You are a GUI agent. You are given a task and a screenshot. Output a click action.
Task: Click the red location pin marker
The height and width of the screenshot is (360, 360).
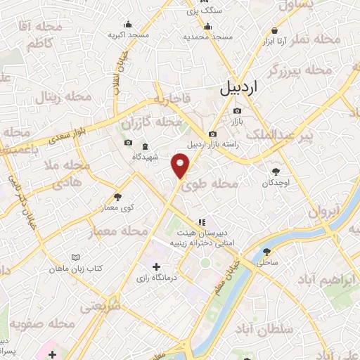coord(181,166)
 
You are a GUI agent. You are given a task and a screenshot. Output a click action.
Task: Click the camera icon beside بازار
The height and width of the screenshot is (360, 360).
coord(237,110)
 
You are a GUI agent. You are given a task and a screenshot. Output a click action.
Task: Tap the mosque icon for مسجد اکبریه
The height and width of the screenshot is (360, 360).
coord(128,24)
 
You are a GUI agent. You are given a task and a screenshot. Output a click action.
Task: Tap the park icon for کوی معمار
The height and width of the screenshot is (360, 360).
coord(117,197)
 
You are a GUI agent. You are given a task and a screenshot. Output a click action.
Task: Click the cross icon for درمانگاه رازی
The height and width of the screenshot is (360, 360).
coord(156,266)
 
